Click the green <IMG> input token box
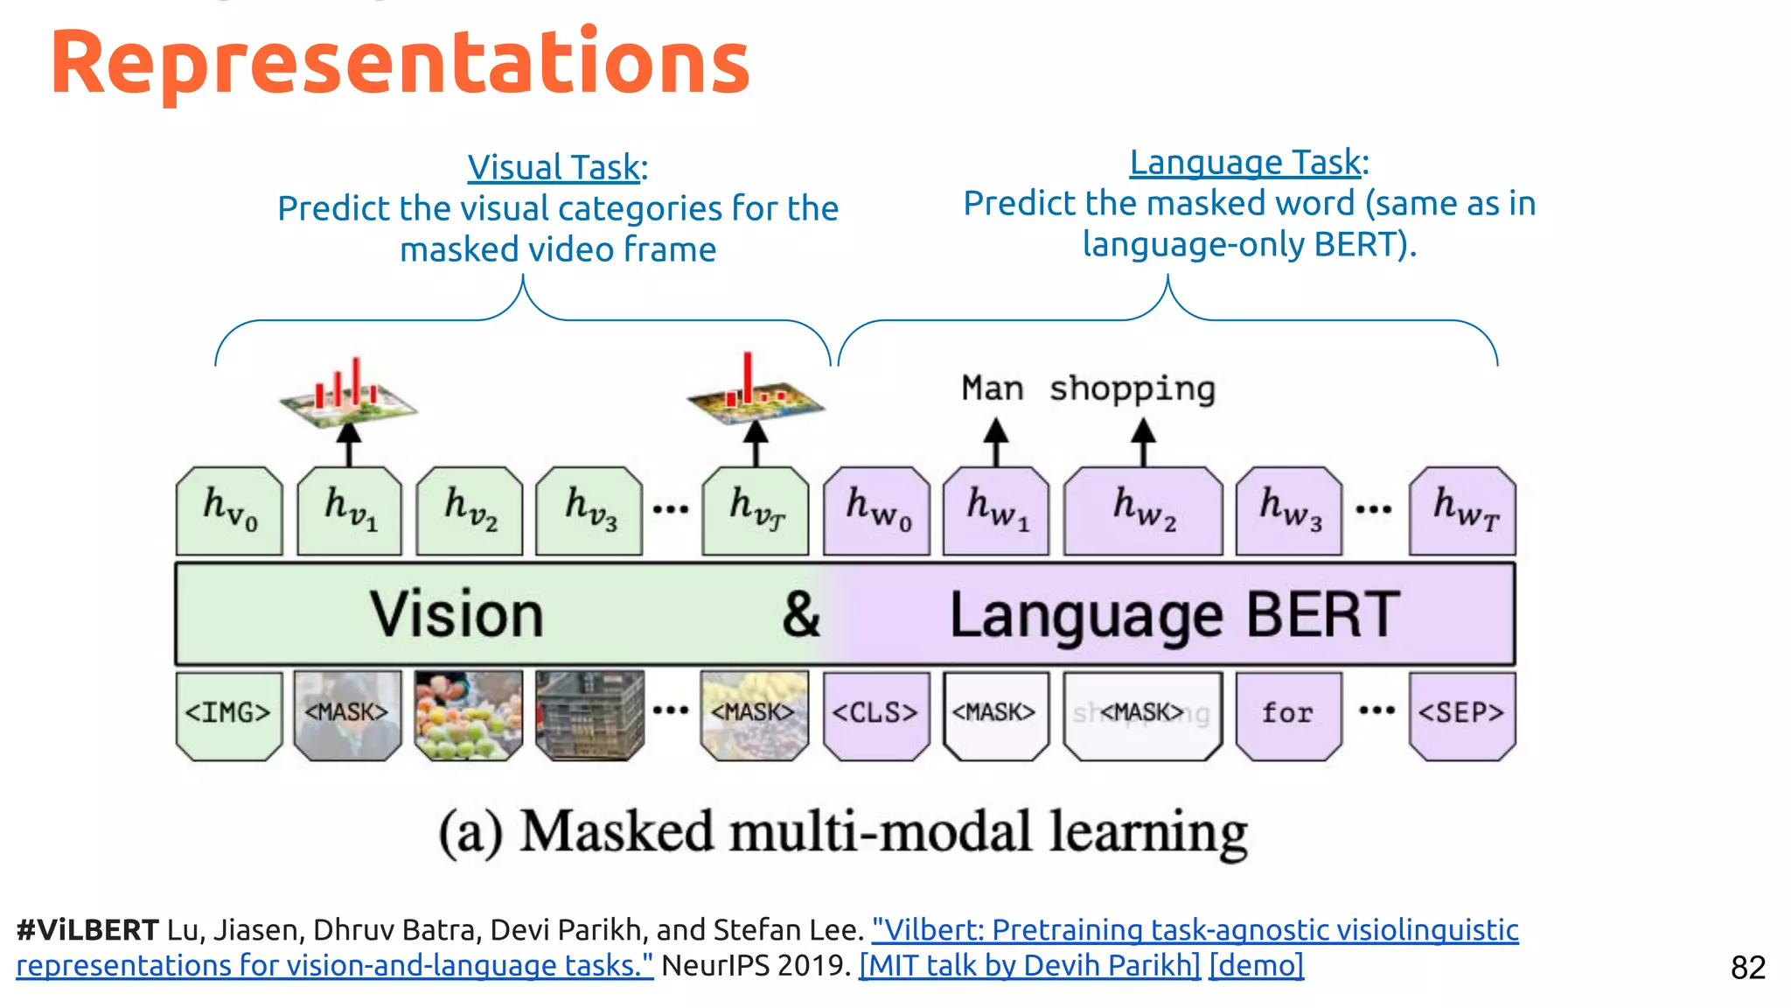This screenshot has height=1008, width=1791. click(229, 715)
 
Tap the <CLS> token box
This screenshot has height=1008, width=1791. click(875, 715)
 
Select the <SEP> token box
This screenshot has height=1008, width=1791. click(1461, 715)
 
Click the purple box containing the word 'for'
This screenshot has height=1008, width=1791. click(1288, 715)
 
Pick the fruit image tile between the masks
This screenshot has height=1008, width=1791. click(469, 715)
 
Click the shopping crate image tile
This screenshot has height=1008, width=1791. click(589, 715)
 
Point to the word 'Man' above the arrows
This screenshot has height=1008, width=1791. click(993, 388)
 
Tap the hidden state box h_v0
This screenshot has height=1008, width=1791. click(229, 511)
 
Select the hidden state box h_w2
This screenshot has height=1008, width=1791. click(1143, 511)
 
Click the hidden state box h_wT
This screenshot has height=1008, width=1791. click(1462, 511)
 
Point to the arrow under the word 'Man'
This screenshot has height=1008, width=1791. click(995, 443)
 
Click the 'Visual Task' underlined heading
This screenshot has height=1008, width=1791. click(554, 167)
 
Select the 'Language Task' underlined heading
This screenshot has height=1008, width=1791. click(1245, 163)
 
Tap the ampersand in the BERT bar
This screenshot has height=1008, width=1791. click(801, 615)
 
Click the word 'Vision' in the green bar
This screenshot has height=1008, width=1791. click(456, 615)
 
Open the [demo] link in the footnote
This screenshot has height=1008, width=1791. click(1256, 965)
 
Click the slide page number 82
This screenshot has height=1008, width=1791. click(1747, 968)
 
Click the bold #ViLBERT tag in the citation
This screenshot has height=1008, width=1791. click(87, 930)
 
